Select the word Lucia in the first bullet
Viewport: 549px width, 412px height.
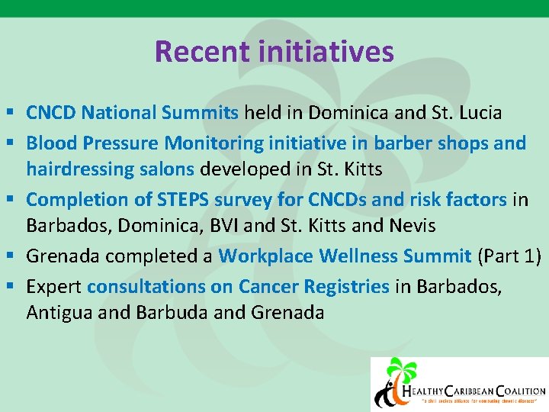click(479, 114)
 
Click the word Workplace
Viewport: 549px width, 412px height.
click(265, 256)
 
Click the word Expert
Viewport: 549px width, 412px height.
click(54, 286)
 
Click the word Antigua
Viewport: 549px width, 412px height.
click(57, 312)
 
